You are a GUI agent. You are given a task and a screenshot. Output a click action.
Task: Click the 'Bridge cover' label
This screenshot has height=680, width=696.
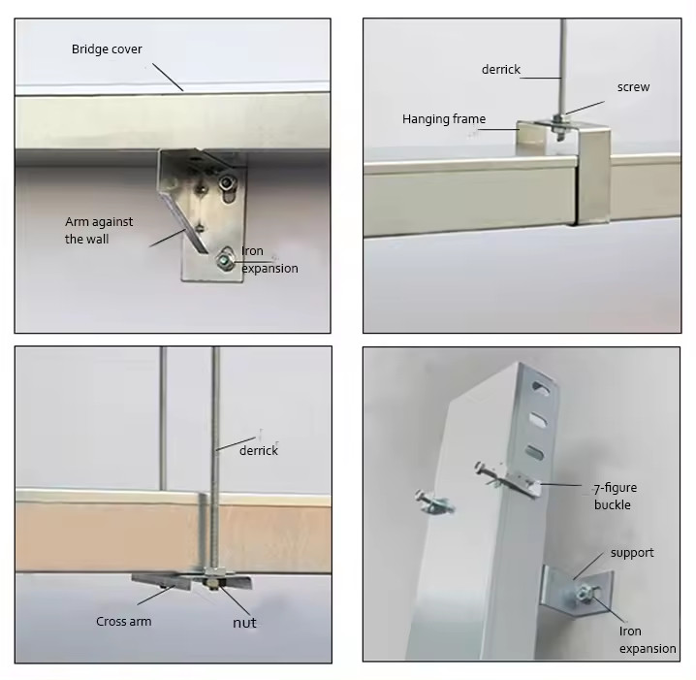pyautogui.click(x=107, y=49)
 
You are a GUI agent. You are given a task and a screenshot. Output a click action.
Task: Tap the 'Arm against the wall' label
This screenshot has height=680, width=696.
pyautogui.click(x=99, y=230)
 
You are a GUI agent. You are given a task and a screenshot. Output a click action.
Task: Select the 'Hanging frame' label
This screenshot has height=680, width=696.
pyautogui.click(x=444, y=119)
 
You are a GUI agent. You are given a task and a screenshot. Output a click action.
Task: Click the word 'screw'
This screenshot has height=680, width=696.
pyautogui.click(x=633, y=87)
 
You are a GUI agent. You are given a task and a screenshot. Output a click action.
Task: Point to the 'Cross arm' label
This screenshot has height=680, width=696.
pyautogui.click(x=123, y=622)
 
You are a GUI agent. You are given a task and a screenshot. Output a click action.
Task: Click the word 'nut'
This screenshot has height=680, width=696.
pyautogui.click(x=244, y=622)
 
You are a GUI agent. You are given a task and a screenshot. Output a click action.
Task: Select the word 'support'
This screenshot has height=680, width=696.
pyautogui.click(x=631, y=553)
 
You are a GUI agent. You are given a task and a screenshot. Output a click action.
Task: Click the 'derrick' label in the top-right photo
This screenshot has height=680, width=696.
pyautogui.click(x=501, y=70)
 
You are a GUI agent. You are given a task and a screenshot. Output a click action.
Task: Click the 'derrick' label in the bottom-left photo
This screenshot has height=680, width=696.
pyautogui.click(x=259, y=450)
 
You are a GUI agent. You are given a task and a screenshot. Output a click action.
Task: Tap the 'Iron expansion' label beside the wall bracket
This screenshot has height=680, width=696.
pyautogui.click(x=269, y=260)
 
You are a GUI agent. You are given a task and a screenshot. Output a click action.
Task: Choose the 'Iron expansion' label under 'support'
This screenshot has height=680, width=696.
pyautogui.click(x=647, y=640)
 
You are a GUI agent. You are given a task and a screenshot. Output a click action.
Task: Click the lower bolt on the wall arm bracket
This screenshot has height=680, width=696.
pyautogui.click(x=225, y=259)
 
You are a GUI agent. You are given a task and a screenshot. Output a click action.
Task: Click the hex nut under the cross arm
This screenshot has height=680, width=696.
pyautogui.click(x=210, y=582)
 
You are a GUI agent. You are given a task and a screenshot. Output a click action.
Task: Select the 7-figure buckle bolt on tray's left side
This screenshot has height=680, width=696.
pyautogui.click(x=433, y=503)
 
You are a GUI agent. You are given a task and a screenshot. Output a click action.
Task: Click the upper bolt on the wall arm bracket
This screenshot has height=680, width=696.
pyautogui.click(x=226, y=181)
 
